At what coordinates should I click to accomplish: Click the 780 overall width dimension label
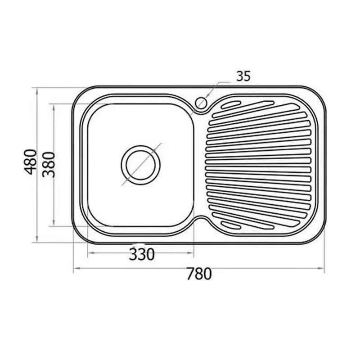[x=199, y=274]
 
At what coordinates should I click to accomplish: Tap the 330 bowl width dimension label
[x=142, y=254]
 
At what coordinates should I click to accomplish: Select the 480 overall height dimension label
[x=31, y=162]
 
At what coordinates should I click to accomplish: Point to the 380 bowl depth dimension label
[x=49, y=164]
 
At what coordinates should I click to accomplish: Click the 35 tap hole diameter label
[x=243, y=76]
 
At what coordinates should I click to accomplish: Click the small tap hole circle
[x=201, y=103]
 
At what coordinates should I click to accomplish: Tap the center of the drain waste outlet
[x=140, y=165]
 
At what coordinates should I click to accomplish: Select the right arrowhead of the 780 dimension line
[x=321, y=268]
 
